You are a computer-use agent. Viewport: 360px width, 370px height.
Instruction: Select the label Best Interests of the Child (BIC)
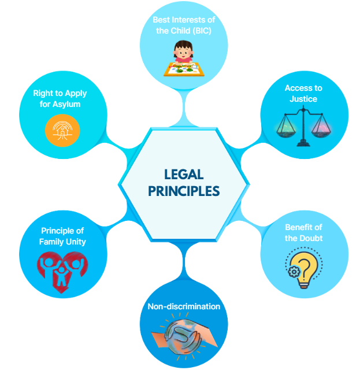coord(180,25)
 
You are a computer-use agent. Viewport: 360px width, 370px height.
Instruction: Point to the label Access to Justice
coord(303,93)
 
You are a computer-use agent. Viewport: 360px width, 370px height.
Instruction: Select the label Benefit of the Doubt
coord(303,233)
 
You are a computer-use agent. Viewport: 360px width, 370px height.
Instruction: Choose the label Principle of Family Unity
coord(62,236)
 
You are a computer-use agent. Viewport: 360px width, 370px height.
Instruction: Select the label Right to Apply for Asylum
coord(62,99)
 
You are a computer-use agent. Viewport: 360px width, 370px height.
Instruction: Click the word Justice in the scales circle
coord(303,98)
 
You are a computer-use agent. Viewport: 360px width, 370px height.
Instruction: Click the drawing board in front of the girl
coord(183,69)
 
